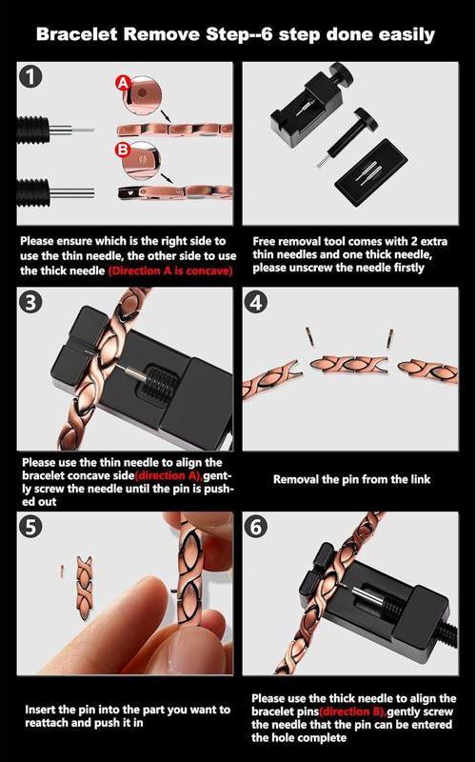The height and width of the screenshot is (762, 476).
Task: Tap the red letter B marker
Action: tap(122, 150)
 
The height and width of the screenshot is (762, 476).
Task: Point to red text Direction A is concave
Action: tap(170, 271)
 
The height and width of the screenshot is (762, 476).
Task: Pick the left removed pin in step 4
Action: tap(308, 335)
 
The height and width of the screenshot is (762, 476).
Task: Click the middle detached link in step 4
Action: tap(348, 365)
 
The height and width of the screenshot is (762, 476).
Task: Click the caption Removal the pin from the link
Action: tap(351, 479)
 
